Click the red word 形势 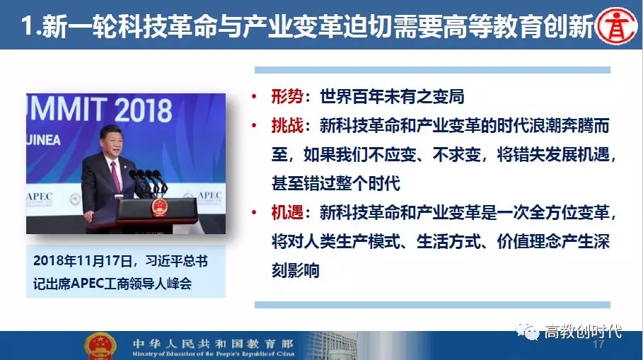[x=287, y=96]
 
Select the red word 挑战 [x=287, y=125]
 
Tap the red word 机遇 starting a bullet [x=287, y=212]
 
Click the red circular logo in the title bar [x=616, y=27]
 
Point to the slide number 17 [x=598, y=344]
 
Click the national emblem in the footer [x=100, y=347]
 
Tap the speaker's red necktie [x=115, y=176]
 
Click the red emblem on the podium [x=158, y=207]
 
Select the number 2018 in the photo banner [x=143, y=110]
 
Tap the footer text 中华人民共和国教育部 [x=213, y=343]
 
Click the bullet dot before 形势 [x=254, y=97]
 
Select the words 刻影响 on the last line [x=295, y=271]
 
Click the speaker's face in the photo [x=110, y=140]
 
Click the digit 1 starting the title [x=27, y=25]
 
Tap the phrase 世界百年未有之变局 [x=392, y=96]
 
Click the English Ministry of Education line [x=213, y=354]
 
